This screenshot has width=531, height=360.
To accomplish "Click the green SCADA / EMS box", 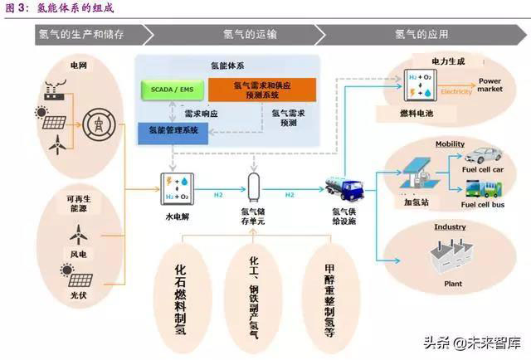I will (172, 89).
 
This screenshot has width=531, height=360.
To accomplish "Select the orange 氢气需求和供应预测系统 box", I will (261, 90).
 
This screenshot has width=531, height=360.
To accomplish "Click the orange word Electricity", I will (456, 91).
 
